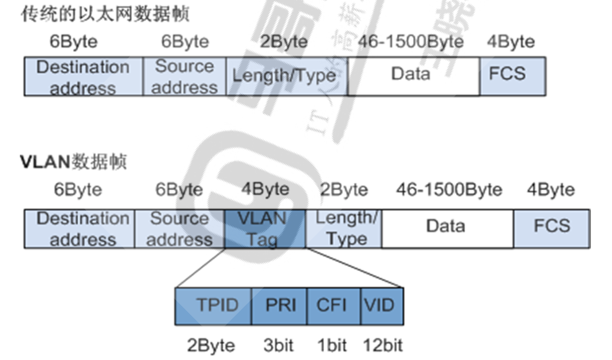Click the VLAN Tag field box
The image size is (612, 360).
coord(264,229)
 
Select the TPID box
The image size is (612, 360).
coord(214,305)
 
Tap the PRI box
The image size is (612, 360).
coord(280,305)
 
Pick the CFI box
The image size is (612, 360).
coord(334,305)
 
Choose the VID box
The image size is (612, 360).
coord(380,305)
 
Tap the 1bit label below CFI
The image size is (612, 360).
coord(331,345)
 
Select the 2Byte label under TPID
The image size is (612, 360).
coord(211,345)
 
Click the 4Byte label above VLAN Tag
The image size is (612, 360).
coord(265,190)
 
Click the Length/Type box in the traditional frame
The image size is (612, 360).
coord(284,76)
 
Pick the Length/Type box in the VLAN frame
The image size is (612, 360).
coord(344,229)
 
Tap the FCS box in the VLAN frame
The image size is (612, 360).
coord(551,229)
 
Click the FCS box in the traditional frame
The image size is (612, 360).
coord(513,76)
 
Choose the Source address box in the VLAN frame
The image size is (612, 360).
coord(180,229)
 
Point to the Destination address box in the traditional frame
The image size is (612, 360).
coord(83,76)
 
